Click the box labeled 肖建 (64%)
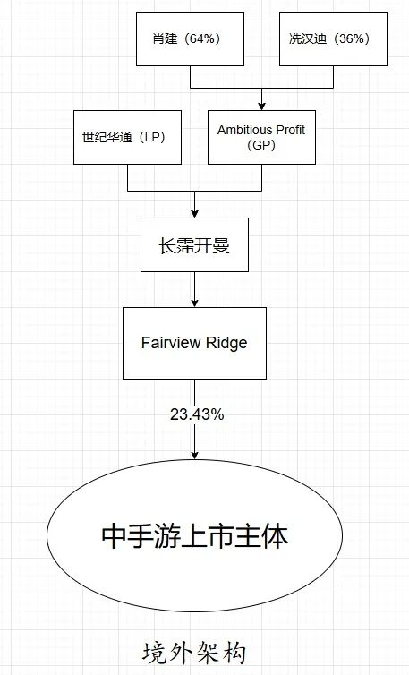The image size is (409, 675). pos(191,38)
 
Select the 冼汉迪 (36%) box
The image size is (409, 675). pos(333,38)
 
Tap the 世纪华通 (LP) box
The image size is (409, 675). pos(127,137)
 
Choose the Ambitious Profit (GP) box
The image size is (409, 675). pos(261,137)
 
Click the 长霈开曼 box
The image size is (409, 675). pos(194,244)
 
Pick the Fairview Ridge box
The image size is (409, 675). pos(194,343)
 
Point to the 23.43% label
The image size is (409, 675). pos(197,414)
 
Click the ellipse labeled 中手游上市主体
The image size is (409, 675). pos(194,535)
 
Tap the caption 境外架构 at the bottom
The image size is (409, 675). pos(194,653)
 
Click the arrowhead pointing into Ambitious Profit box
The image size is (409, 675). pos(261,106)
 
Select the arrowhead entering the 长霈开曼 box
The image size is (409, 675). pos(194,213)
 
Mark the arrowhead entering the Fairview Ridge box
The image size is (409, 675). pos(194,303)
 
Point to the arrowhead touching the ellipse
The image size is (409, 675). pos(194,455)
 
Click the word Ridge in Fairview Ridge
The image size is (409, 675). pos(226,343)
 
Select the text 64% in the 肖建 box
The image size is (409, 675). pos(202,38)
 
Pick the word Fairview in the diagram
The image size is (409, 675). pos(171,343)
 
